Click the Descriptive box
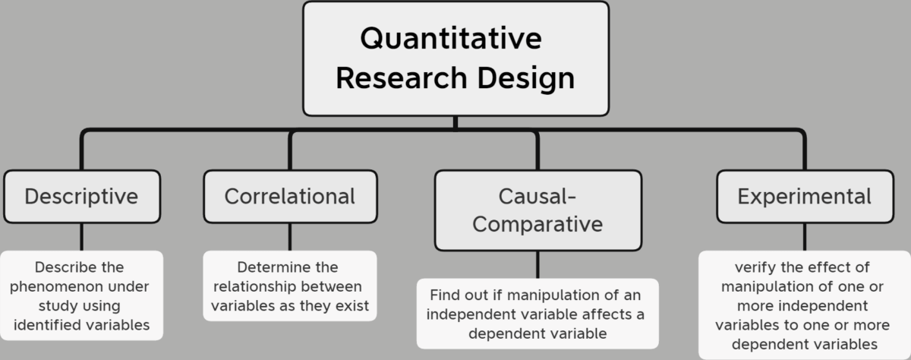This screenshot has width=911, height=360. tap(81, 197)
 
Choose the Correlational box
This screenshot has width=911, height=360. tap(289, 197)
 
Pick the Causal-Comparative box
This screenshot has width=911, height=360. tap(537, 210)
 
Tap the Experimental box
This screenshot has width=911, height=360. tap(804, 197)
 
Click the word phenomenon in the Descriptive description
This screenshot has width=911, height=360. tap(80, 287)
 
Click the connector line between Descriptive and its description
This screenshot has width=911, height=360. tap(81, 237)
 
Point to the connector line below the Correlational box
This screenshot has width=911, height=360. tap(289, 237)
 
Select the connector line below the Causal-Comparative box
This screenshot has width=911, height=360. tap(537, 264)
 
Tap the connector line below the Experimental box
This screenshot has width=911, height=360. tap(804, 237)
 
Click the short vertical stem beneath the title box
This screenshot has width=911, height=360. tap(455, 122)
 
